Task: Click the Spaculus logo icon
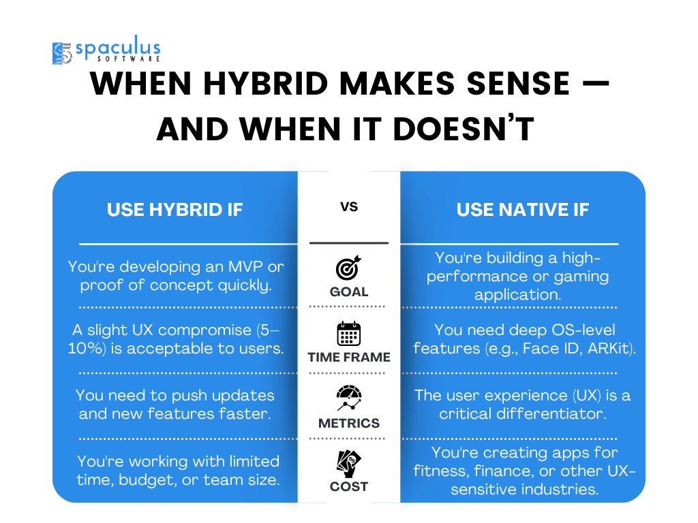pos(62,53)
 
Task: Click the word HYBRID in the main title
pos(266,83)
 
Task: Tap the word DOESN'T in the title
pos(464,129)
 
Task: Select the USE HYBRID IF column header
pos(175,210)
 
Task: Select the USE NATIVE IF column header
pos(523,210)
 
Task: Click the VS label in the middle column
pos(349,207)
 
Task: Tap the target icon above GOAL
pos(348,268)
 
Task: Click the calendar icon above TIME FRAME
pos(348,334)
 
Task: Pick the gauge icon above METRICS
pos(349,398)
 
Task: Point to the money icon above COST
pos(349,463)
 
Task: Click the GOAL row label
pos(349,291)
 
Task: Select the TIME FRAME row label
pos(349,357)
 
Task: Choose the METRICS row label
pos(349,423)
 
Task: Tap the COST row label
pos(349,486)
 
